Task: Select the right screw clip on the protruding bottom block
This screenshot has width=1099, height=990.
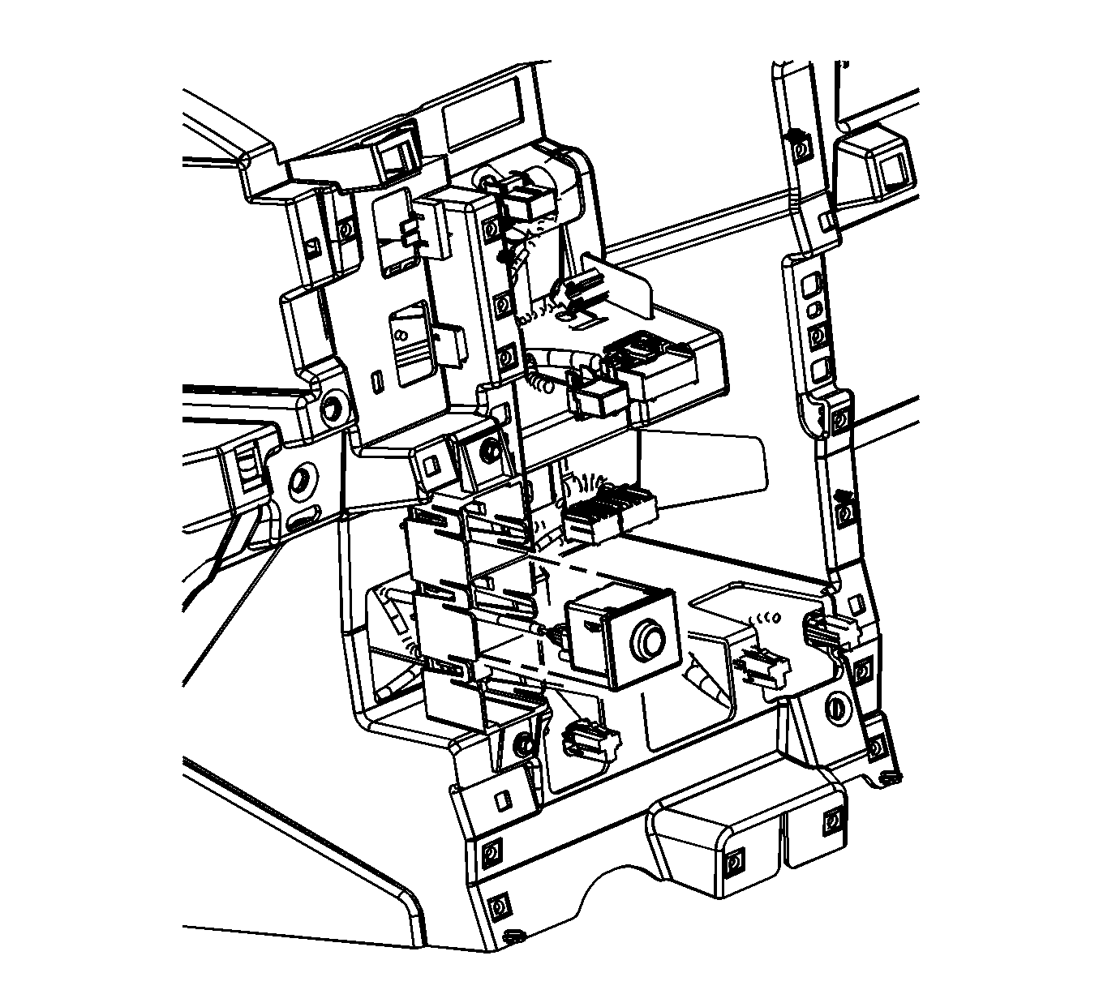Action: click(830, 822)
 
